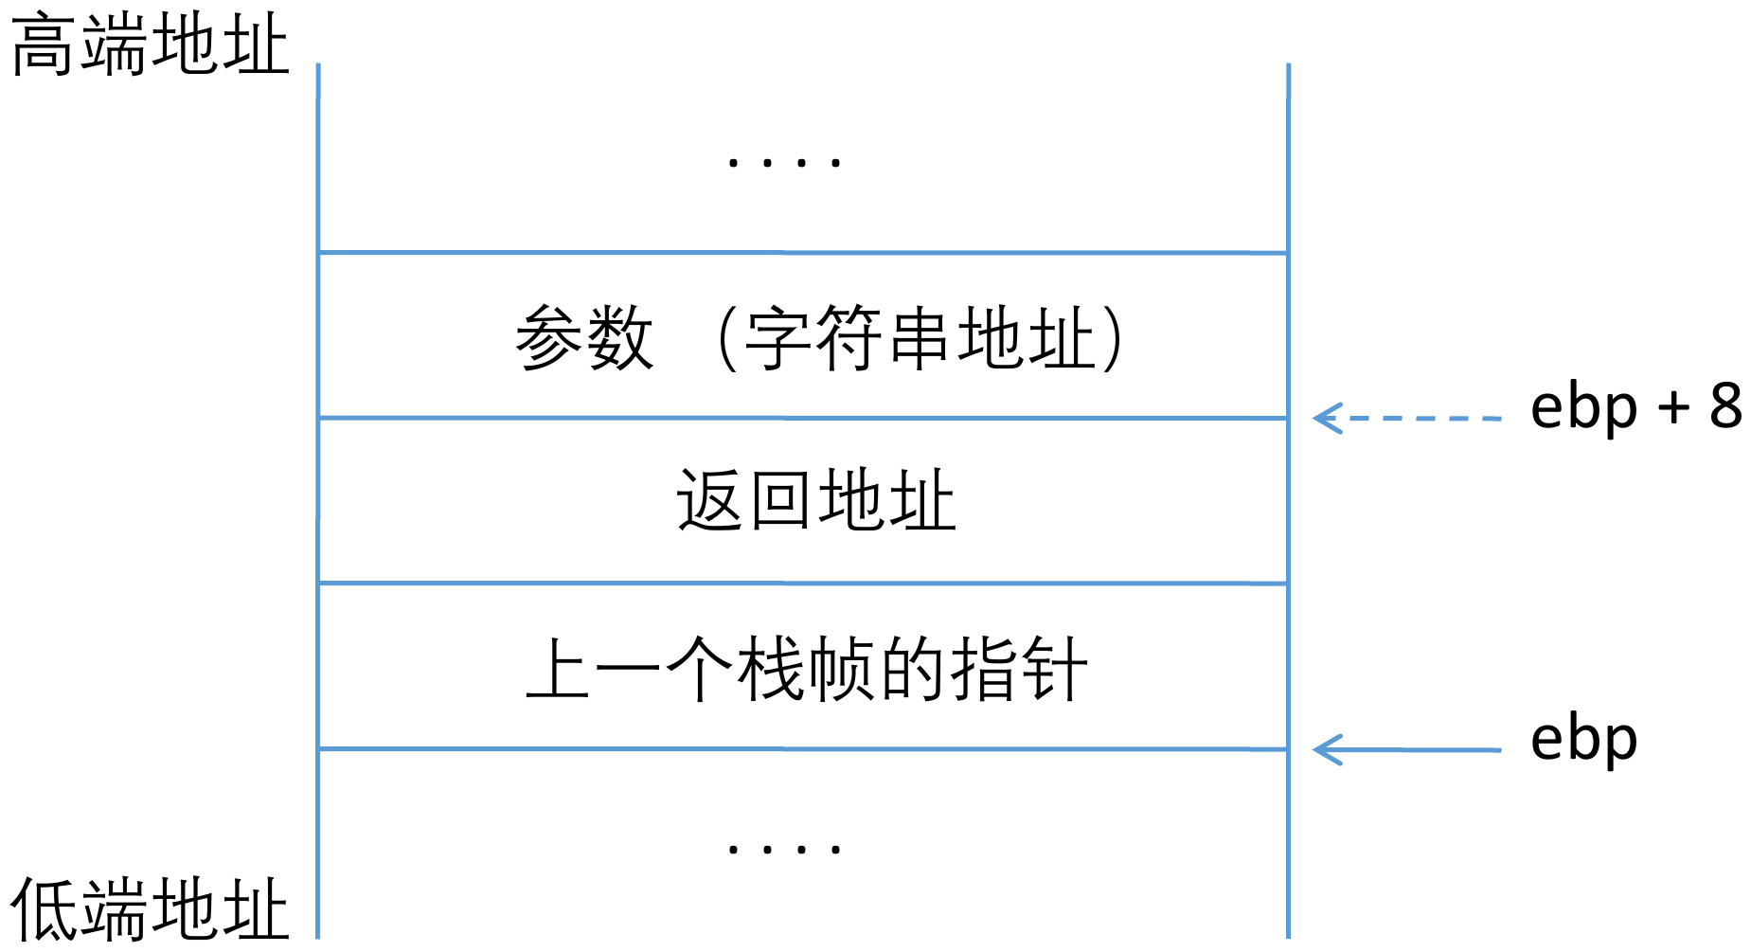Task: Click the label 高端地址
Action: (150, 45)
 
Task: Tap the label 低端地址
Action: (150, 909)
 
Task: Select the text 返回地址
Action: (815, 501)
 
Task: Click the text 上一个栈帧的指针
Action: (807, 669)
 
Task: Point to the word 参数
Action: (584, 338)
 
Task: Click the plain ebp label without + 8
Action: (1583, 740)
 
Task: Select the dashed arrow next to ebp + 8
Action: (1407, 418)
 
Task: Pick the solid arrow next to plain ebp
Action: (1407, 750)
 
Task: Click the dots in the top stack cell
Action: (783, 163)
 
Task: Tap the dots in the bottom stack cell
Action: (783, 849)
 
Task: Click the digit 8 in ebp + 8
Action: (1725, 406)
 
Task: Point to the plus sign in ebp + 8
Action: (1673, 408)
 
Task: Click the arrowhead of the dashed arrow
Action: (1326, 418)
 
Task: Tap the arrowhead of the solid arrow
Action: (1326, 750)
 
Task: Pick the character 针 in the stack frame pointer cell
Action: (1053, 669)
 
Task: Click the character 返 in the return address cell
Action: (709, 501)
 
